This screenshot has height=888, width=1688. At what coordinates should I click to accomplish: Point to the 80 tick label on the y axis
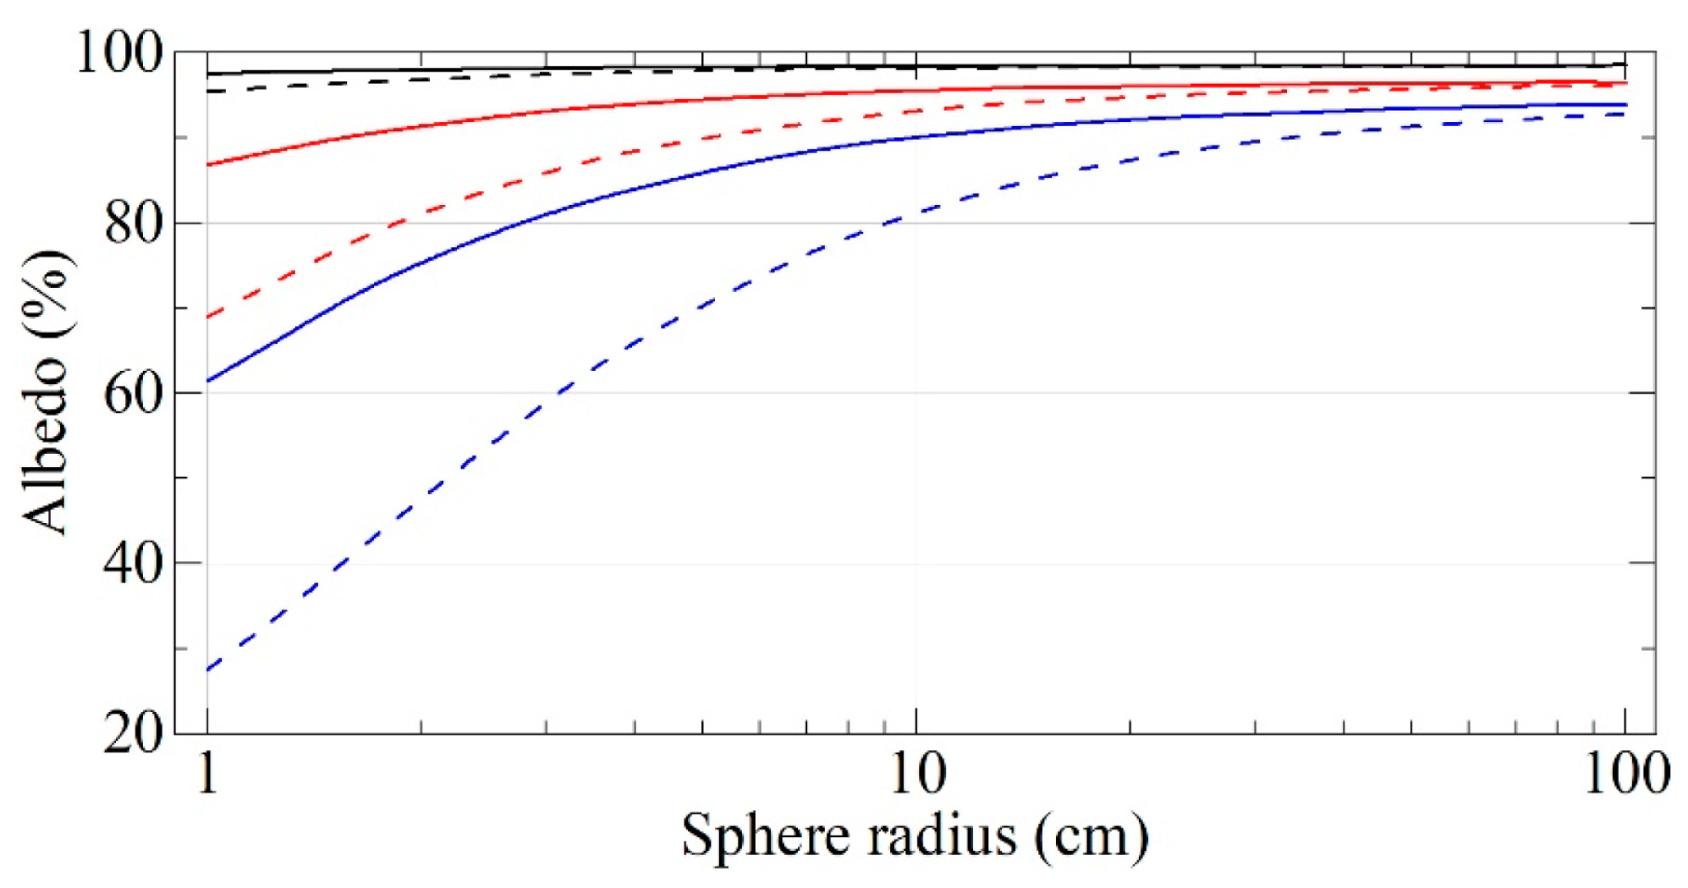click(133, 224)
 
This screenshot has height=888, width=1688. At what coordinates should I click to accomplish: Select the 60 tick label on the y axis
click(133, 394)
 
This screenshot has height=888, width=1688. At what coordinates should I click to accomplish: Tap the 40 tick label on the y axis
click(133, 563)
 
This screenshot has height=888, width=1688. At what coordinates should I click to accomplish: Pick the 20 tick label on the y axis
click(133, 733)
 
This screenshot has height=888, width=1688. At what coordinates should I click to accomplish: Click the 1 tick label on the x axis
click(207, 773)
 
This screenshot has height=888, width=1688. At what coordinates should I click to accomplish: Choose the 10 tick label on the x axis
click(917, 773)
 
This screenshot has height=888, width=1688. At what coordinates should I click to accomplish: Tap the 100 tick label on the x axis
click(1626, 773)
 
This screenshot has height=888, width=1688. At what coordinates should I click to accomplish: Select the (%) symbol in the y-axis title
click(47, 292)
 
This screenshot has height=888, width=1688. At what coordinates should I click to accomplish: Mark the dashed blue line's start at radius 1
click(208, 670)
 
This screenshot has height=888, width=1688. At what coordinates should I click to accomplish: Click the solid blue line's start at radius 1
click(208, 381)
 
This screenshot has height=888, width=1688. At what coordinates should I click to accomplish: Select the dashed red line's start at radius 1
click(208, 317)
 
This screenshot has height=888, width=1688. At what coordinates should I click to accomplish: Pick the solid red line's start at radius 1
click(208, 164)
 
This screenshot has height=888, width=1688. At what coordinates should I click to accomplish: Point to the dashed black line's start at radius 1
click(208, 91)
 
